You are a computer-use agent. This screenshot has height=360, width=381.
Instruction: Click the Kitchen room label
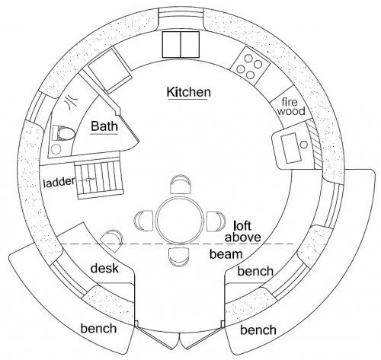pyautogui.click(x=189, y=92)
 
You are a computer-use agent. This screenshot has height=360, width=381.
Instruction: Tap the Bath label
pyautogui.click(x=104, y=126)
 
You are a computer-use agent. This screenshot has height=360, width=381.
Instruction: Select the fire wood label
pyautogui.click(x=291, y=107)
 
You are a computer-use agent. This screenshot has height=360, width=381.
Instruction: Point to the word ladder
pyautogui.click(x=59, y=182)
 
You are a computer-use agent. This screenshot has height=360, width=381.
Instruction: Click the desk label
pyautogui.click(x=104, y=268)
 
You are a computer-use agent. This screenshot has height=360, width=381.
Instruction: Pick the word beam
pyautogui.click(x=226, y=254)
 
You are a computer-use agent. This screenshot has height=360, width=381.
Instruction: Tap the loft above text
pyautogui.click(x=243, y=231)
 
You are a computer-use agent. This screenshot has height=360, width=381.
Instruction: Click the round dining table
pyautogui.click(x=180, y=220)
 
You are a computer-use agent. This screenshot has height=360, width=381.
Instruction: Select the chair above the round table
pyautogui.click(x=180, y=184)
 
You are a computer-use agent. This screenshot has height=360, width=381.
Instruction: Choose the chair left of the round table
pyautogui.click(x=143, y=221)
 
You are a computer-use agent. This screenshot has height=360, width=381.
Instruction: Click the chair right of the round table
pyautogui.click(x=216, y=221)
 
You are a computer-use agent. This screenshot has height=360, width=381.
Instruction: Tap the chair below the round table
pyautogui.click(x=179, y=257)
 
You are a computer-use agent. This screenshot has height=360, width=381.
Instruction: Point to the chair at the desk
pyautogui.click(x=112, y=241)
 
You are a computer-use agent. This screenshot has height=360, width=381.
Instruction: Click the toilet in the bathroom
pyautogui.click(x=63, y=133)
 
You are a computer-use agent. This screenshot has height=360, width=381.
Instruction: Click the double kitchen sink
pyautogui.click(x=181, y=44)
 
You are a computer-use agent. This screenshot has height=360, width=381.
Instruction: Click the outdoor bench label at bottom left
pyautogui.click(x=98, y=328)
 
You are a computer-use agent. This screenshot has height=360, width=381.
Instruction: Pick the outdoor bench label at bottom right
pyautogui.click(x=258, y=330)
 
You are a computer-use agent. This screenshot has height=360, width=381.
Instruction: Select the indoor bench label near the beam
pyautogui.click(x=255, y=271)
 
